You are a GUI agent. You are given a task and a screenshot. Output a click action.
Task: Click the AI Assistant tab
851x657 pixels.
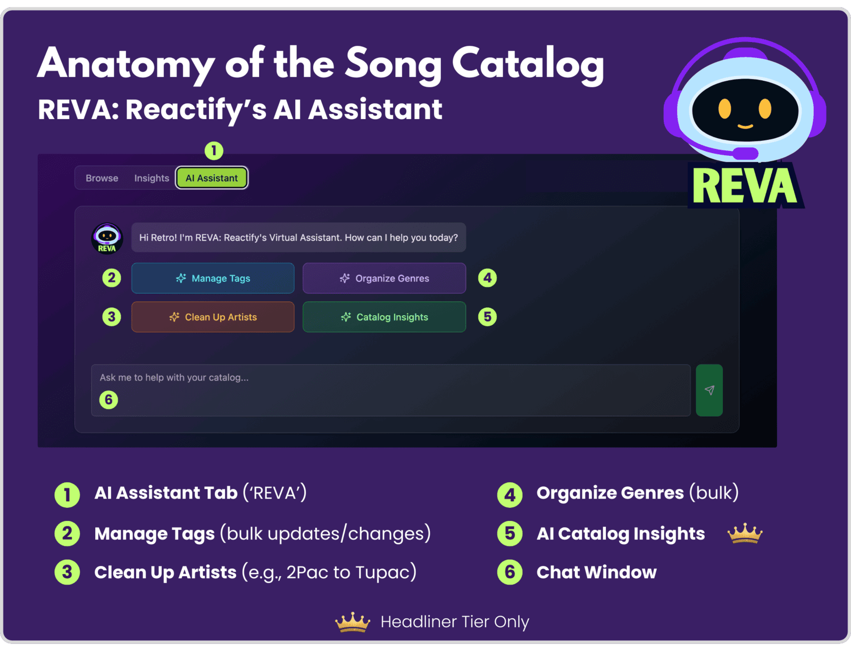point(212,178)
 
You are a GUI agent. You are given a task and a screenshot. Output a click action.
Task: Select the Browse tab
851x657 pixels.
point(102,178)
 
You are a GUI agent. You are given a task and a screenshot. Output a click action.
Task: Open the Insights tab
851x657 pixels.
point(152,178)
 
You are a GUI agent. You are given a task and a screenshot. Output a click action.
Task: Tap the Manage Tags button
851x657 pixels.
point(213,278)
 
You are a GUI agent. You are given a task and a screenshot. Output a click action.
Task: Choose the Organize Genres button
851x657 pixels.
point(384,278)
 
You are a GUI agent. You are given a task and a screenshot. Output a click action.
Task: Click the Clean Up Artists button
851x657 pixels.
point(213,317)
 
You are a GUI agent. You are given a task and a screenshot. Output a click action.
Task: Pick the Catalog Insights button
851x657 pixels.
point(384,317)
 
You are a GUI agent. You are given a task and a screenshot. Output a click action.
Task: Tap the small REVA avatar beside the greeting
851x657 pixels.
point(107,238)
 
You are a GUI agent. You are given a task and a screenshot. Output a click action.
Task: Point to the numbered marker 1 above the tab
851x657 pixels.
point(214,150)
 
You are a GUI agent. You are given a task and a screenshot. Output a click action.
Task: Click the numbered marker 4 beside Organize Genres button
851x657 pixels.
point(487,278)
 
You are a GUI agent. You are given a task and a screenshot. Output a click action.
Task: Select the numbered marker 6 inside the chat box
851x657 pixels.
point(109,400)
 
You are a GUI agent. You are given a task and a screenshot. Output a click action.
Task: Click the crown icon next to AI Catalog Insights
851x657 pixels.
point(745,533)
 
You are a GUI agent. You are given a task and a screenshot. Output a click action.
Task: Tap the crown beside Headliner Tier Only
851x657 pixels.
point(353,622)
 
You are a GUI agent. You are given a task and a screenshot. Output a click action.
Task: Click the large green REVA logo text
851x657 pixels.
point(745,186)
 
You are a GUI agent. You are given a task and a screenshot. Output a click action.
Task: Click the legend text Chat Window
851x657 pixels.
point(596,572)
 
